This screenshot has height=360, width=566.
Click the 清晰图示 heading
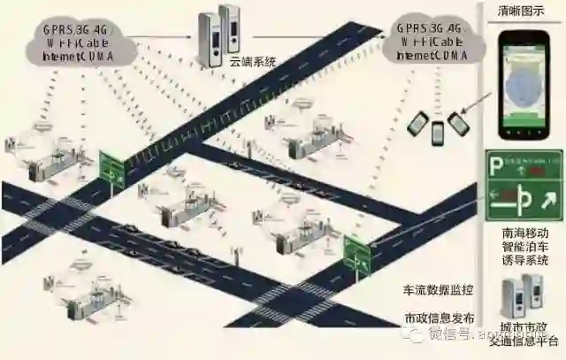coord(523,12)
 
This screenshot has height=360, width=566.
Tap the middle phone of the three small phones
coord(438,133)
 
